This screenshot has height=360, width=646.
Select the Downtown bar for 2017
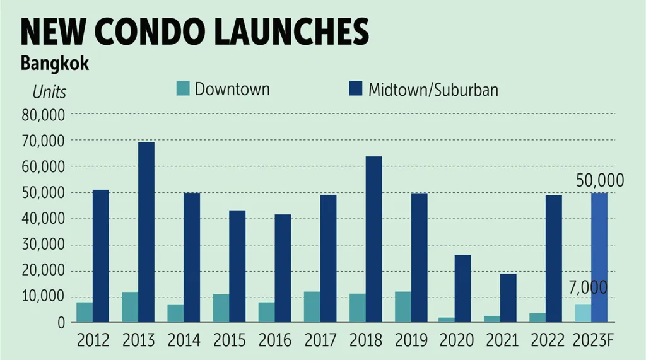[x=312, y=306]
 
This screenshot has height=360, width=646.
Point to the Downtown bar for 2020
[x=447, y=320]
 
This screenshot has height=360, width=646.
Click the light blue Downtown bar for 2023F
[x=584, y=313]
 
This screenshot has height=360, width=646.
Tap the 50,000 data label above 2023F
[x=600, y=181]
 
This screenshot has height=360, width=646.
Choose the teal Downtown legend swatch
[x=182, y=89]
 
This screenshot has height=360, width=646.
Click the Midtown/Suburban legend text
[x=433, y=90]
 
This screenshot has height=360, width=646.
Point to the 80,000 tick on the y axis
[x=43, y=115]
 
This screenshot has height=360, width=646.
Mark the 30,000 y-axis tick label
[x=43, y=245]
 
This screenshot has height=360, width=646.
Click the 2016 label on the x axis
[x=274, y=341]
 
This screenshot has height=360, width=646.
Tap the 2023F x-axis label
[x=593, y=341]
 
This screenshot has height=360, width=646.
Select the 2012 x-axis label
[x=93, y=341]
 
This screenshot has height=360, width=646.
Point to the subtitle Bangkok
[x=54, y=65]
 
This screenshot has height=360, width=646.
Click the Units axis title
[x=49, y=92]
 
